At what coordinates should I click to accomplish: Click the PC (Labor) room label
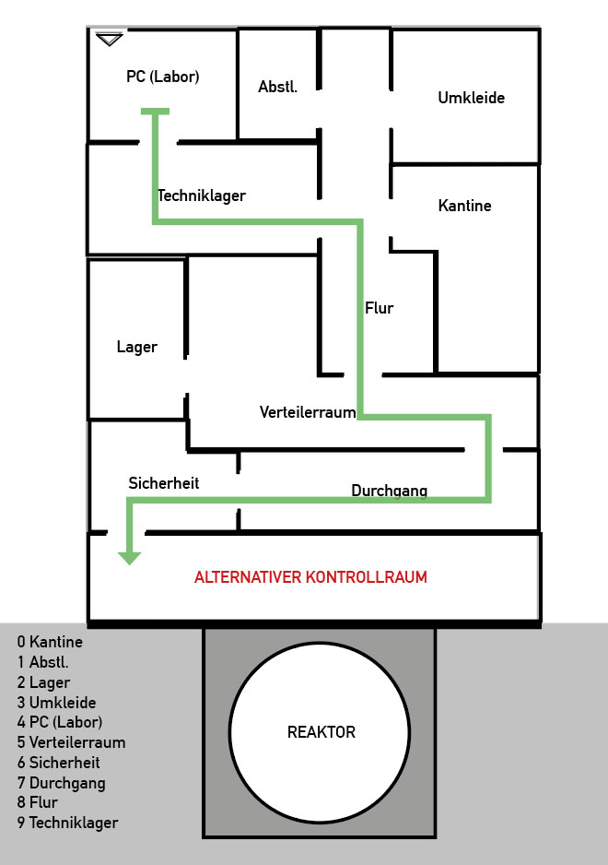pyautogui.click(x=162, y=77)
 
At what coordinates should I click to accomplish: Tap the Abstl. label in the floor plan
pyautogui.click(x=277, y=87)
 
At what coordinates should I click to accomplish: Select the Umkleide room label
pyautogui.click(x=471, y=97)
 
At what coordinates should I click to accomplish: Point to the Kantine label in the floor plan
pyautogui.click(x=464, y=206)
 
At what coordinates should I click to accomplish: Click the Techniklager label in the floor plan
pyautogui.click(x=201, y=196)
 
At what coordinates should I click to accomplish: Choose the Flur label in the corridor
pyautogui.click(x=379, y=308)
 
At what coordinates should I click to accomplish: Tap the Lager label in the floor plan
pyautogui.click(x=136, y=348)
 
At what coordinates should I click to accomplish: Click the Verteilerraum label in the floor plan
pyautogui.click(x=307, y=412)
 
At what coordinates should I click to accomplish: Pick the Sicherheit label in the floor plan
pyautogui.click(x=163, y=483)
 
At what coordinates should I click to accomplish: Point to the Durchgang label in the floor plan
pyautogui.click(x=389, y=491)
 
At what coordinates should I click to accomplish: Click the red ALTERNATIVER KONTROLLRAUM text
pyautogui.click(x=310, y=578)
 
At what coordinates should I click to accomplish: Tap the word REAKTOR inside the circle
pyautogui.click(x=321, y=732)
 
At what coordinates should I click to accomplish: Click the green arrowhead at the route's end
pyautogui.click(x=129, y=557)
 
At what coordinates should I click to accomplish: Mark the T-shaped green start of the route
pyautogui.click(x=155, y=112)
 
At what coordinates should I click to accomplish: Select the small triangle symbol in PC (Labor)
pyautogui.click(x=109, y=39)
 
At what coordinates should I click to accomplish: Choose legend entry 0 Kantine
pyautogui.click(x=50, y=643)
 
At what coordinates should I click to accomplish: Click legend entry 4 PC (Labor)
pyautogui.click(x=59, y=722)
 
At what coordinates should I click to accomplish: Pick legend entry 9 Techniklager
pyautogui.click(x=67, y=823)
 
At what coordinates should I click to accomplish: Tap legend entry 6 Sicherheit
pyautogui.click(x=58, y=763)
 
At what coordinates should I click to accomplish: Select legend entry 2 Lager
pyautogui.click(x=43, y=682)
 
